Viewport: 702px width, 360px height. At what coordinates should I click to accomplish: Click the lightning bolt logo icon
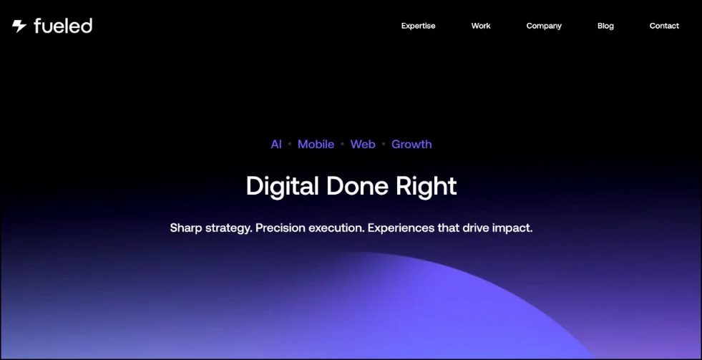click(19, 26)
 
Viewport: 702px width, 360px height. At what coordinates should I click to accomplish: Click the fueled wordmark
click(63, 26)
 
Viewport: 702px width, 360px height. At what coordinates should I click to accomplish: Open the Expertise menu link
click(418, 26)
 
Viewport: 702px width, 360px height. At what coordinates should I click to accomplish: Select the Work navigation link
click(481, 26)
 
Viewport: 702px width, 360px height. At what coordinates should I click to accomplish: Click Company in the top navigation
click(544, 26)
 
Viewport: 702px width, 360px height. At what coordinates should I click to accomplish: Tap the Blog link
click(605, 26)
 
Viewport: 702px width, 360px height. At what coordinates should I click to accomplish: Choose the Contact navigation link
click(664, 26)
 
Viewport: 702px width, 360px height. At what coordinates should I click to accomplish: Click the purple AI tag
click(276, 144)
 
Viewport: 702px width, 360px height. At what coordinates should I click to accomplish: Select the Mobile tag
click(316, 144)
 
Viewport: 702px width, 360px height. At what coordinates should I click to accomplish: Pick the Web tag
click(363, 144)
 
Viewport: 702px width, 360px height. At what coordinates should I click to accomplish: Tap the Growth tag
click(412, 144)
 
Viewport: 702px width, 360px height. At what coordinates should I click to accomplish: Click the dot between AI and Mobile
click(290, 144)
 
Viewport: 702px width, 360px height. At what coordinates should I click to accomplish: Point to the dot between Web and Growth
click(384, 144)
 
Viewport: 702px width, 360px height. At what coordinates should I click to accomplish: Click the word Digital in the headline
click(283, 186)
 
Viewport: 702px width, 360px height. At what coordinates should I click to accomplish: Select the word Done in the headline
click(357, 185)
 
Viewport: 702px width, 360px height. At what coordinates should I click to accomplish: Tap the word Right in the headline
click(426, 186)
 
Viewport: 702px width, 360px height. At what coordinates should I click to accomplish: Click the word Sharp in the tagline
click(186, 228)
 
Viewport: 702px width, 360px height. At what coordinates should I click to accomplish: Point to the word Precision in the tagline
click(281, 228)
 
